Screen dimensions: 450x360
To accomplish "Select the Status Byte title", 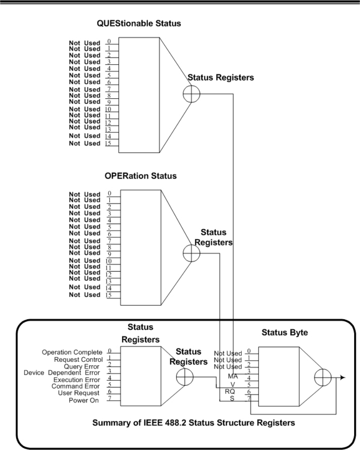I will (x=284, y=333).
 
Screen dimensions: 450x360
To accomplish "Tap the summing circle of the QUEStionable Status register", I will (x=192, y=94).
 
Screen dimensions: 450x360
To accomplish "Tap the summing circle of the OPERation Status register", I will (x=192, y=254).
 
